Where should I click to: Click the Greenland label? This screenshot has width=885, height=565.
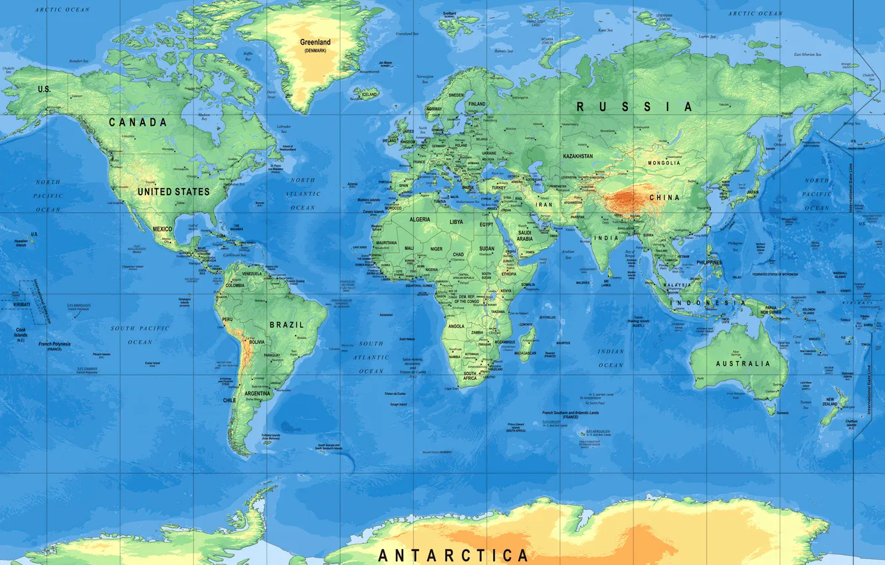point(315,43)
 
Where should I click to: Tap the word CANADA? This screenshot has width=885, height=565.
point(138,122)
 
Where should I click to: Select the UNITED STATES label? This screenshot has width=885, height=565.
point(173,191)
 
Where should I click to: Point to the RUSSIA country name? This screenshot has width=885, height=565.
point(634,106)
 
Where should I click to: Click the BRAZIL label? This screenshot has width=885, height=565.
point(286,325)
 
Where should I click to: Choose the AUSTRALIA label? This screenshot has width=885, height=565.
point(743,364)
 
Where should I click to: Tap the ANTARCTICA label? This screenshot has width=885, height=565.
point(453,555)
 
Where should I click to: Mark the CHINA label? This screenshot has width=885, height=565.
point(664,197)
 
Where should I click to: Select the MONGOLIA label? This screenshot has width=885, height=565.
point(664,163)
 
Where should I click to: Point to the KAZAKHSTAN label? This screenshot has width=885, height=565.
point(577,156)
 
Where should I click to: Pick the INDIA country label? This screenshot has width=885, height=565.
point(607,238)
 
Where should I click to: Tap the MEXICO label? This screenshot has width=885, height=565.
point(163,229)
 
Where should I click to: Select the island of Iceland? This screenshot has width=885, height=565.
point(367,94)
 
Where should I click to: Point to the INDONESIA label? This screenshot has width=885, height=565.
point(708,303)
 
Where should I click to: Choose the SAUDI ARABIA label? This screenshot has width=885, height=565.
point(525,235)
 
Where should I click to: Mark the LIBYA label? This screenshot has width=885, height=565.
point(456,222)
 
